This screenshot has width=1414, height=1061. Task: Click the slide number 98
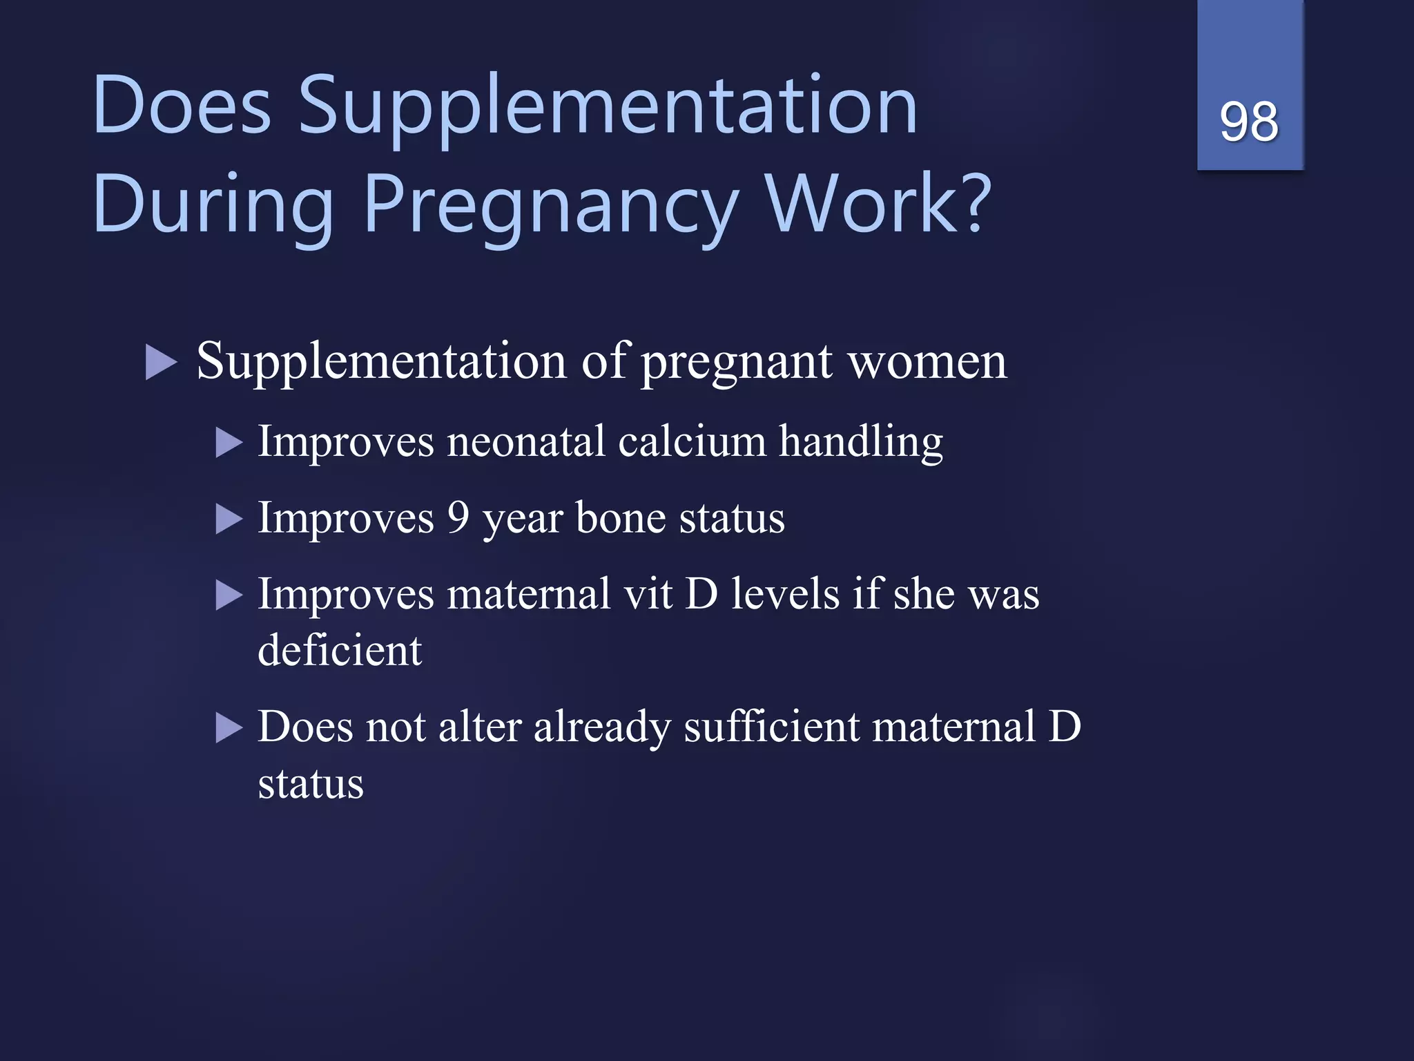[1249, 122]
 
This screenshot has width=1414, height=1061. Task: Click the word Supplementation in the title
[608, 107]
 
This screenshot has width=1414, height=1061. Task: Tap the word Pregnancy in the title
[551, 206]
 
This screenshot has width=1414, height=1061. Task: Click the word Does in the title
[182, 107]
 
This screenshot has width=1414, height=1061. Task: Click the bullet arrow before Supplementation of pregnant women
[162, 363]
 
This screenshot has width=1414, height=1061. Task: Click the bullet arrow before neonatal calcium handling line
[229, 443]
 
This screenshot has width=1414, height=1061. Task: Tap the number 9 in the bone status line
[458, 517]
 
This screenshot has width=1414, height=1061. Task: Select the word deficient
[339, 651]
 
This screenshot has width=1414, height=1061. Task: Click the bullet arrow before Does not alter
[229, 728]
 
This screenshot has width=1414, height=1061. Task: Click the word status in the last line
[311, 785]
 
